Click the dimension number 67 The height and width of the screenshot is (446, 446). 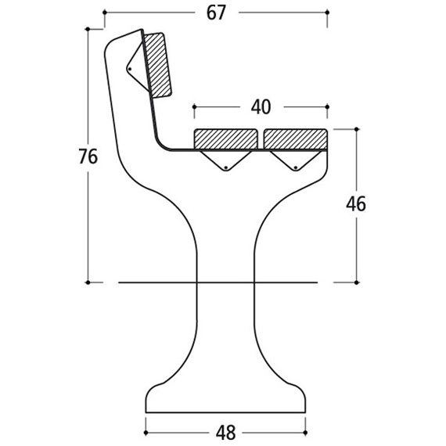(x=216, y=13)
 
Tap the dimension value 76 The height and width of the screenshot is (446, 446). (x=88, y=156)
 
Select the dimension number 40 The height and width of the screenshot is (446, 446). (x=261, y=107)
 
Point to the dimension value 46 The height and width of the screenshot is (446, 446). (x=356, y=204)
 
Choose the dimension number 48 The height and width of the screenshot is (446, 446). (x=226, y=433)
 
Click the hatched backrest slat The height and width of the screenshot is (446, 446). (x=157, y=66)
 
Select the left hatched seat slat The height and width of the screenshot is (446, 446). (x=226, y=138)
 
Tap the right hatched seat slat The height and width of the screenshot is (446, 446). (x=296, y=138)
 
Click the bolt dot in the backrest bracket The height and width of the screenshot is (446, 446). (x=130, y=69)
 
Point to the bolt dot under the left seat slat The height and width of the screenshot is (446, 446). (x=226, y=167)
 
